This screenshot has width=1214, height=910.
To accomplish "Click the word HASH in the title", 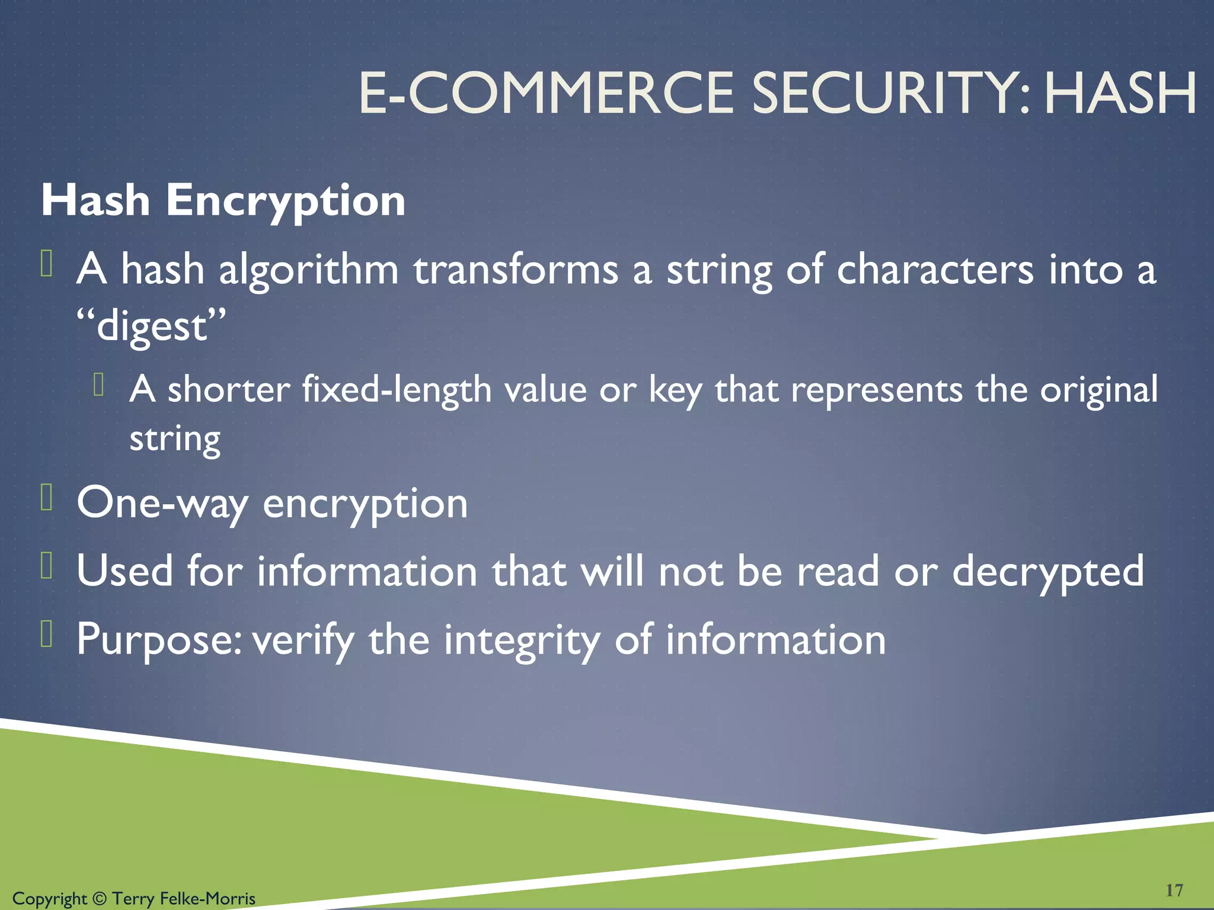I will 1120,93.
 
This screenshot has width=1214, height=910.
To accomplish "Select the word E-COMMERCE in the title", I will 546,93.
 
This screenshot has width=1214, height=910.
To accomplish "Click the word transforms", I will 516,270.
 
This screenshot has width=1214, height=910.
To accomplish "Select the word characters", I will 935,270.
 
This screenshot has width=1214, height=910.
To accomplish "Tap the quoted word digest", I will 152,326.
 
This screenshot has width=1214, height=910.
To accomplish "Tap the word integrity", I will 522,640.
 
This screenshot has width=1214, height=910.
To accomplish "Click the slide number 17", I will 1174,890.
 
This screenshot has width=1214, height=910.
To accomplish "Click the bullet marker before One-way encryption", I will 47,498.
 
